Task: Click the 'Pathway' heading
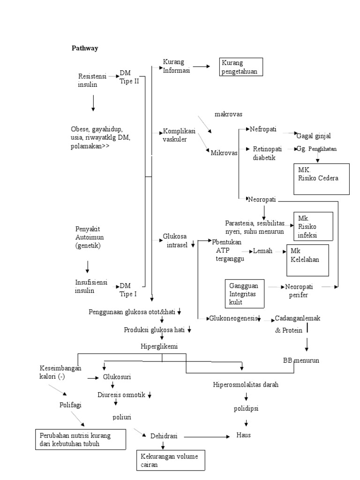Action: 84,48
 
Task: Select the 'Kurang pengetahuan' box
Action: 241,67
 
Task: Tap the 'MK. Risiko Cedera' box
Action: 321,179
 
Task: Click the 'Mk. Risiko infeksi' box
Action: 313,226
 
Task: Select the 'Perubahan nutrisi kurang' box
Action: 80,439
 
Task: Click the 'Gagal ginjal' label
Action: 314,136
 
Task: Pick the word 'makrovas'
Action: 228,114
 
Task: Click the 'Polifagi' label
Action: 71,404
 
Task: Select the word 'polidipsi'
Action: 246,408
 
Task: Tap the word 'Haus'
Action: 244,435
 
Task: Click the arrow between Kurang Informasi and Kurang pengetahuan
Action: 202,67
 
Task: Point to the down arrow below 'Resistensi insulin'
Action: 93,103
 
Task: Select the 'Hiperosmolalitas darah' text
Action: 246,384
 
